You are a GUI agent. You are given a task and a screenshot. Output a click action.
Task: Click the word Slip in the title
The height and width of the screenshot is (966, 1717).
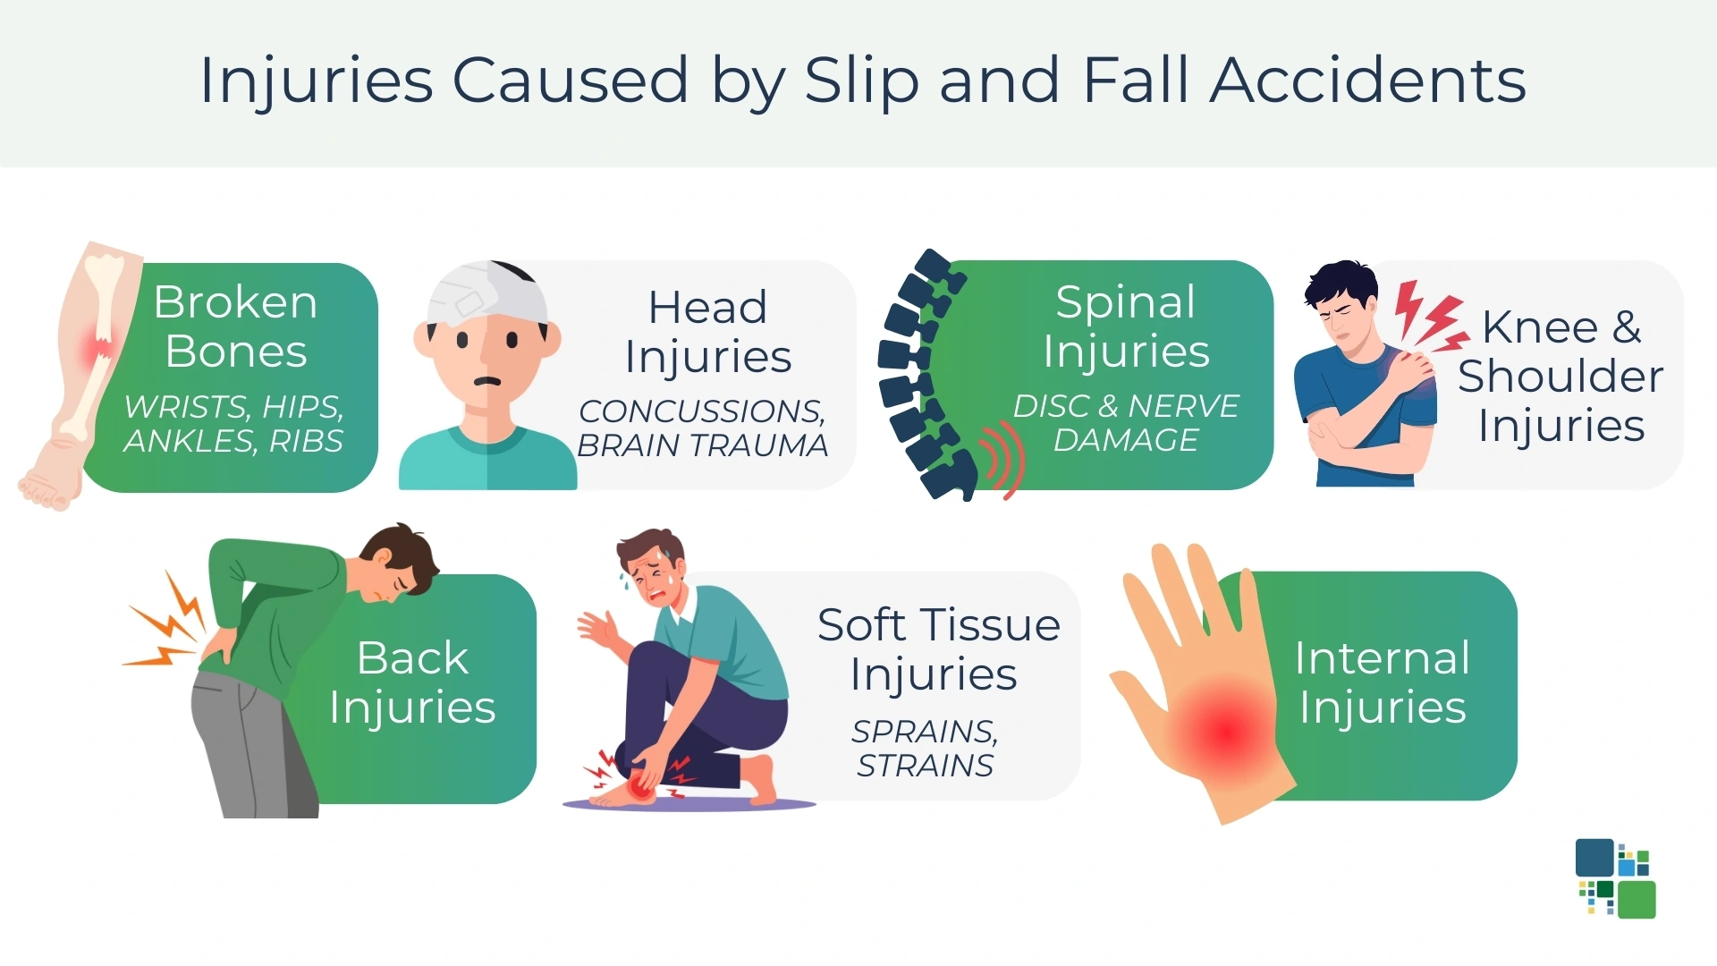click(861, 80)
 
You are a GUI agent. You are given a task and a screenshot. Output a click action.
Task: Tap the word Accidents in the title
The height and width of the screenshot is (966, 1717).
click(1367, 80)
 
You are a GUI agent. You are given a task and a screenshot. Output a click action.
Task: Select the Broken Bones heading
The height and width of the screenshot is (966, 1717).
click(235, 326)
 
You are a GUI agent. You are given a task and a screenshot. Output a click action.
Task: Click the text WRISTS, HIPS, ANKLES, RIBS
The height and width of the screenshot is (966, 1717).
click(233, 423)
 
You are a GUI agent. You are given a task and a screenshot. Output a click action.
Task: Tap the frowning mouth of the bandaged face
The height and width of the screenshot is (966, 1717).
click(487, 382)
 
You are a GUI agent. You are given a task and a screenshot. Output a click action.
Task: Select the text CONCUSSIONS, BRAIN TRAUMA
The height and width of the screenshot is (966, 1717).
click(702, 428)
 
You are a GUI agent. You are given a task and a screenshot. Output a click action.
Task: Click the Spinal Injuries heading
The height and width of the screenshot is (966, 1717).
click(1126, 326)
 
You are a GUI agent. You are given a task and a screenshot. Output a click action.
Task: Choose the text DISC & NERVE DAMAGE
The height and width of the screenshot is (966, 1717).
click(1126, 423)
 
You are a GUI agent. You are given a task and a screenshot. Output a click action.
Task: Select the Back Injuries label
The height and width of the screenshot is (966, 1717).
click(412, 682)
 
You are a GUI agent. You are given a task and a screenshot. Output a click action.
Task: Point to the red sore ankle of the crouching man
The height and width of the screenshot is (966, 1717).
click(640, 785)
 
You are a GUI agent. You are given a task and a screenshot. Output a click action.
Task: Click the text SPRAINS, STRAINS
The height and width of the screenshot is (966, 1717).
click(925, 749)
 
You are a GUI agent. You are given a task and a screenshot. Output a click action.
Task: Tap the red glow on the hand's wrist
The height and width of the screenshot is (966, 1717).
click(1227, 729)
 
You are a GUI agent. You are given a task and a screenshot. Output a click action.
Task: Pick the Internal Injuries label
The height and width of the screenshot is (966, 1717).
click(1383, 682)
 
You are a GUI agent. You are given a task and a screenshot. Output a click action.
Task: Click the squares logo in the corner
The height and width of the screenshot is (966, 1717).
click(1615, 878)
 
